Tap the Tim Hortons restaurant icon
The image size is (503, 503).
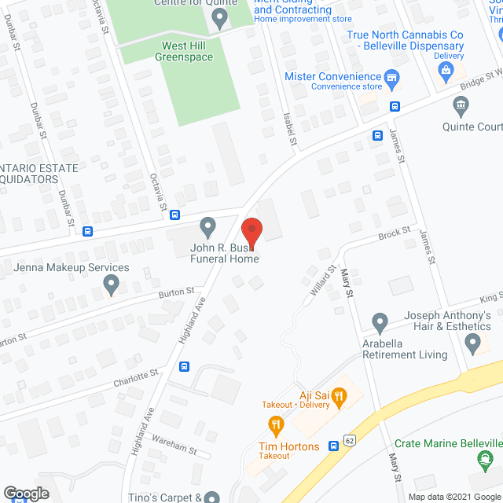(x=275, y=427)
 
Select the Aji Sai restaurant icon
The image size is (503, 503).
(x=340, y=398)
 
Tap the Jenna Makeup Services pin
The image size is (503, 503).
(x=112, y=285)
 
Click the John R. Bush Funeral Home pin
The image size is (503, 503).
(x=208, y=228)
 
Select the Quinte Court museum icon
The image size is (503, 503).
(x=461, y=105)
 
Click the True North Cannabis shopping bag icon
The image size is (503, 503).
(x=446, y=71)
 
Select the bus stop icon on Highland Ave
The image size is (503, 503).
(x=185, y=365)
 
